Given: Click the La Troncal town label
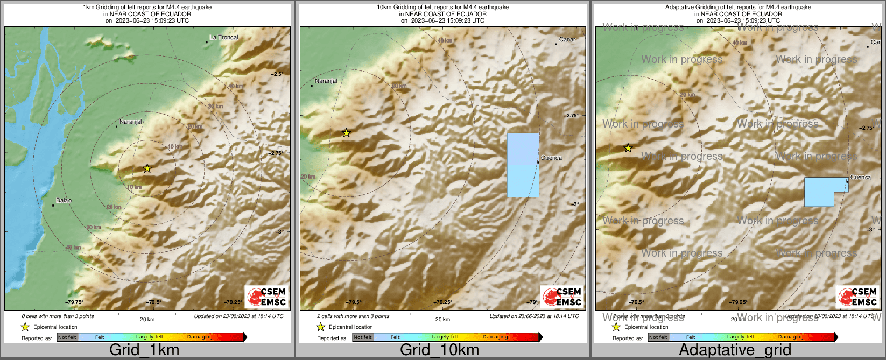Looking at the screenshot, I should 223,38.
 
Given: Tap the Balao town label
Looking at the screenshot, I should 64,201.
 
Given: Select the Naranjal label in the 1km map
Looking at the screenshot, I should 130,122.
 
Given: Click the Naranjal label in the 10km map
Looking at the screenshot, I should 326,81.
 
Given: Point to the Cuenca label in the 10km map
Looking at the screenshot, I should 551,158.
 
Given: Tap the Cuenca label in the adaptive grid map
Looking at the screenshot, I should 860,178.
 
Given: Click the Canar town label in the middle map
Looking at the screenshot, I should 567,40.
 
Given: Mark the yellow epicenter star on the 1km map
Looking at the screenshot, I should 147,168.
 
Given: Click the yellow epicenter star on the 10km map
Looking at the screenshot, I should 347,133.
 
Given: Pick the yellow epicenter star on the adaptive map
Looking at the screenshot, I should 628,148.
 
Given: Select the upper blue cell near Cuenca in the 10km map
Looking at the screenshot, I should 523,149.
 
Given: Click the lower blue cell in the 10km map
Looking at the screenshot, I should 523,181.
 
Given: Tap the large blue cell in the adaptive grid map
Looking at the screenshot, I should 819,192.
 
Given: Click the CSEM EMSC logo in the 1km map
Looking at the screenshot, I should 266,297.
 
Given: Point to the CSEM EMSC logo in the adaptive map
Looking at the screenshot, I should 857,297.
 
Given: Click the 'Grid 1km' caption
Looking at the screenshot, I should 144,350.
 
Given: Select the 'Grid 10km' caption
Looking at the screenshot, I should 439,350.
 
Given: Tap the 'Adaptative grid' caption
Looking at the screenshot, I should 735,350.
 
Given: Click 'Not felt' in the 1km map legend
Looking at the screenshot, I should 67,337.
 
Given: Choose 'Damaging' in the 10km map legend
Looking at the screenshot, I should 495,337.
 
